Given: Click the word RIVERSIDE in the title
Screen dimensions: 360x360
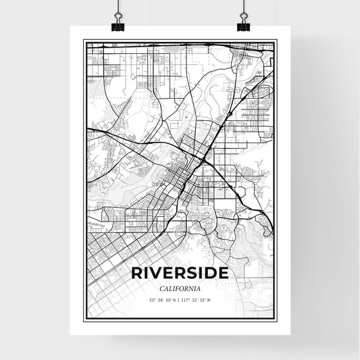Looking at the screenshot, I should point(180,274).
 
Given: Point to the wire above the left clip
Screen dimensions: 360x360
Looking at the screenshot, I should point(117,7).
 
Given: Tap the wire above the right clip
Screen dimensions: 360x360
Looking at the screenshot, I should point(243,7).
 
